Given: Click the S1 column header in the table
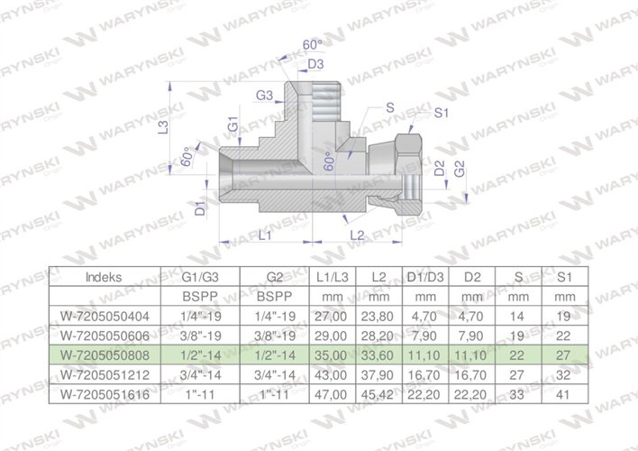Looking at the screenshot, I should point(565,277).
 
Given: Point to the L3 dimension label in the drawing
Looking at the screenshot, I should point(163,128).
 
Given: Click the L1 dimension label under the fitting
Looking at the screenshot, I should point(266,235).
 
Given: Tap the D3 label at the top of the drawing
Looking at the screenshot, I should point(315,64).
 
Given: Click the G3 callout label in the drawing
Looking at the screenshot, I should point(264,95).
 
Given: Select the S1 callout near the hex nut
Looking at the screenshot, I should point(441,113).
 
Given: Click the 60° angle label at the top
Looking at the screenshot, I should point(313,43).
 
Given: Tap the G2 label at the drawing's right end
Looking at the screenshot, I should point(459,169).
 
